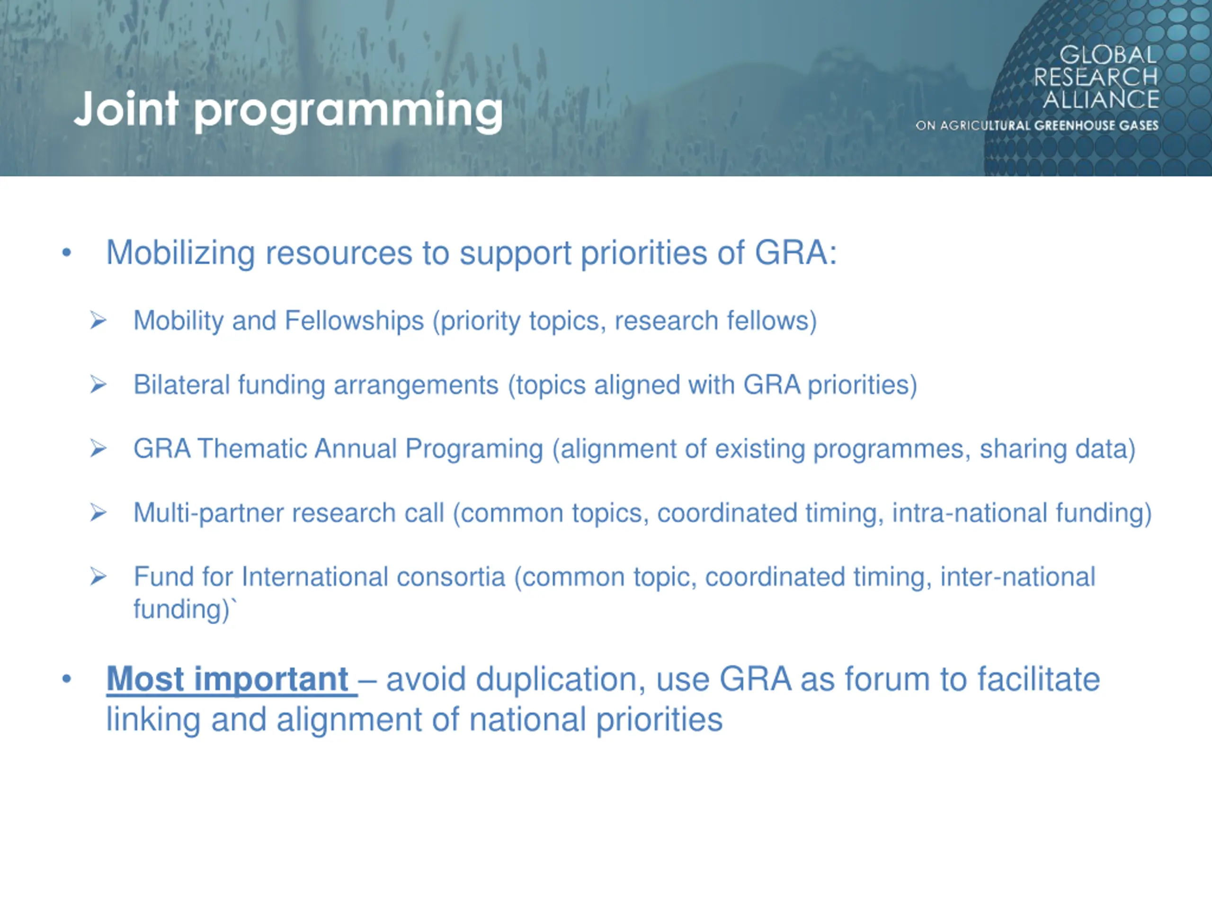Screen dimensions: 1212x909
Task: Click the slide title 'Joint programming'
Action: click(288, 111)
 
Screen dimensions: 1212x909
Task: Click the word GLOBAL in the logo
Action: click(1108, 55)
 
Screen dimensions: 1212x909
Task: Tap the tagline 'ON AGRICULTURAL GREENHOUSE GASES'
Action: click(1037, 125)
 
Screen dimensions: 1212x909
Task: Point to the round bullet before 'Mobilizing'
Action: click(67, 253)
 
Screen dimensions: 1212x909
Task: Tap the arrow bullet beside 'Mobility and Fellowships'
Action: click(98, 320)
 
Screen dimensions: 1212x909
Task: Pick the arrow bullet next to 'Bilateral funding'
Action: click(98, 384)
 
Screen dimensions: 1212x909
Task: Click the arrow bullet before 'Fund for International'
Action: click(98, 577)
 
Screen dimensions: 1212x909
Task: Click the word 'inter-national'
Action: click(1017, 577)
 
